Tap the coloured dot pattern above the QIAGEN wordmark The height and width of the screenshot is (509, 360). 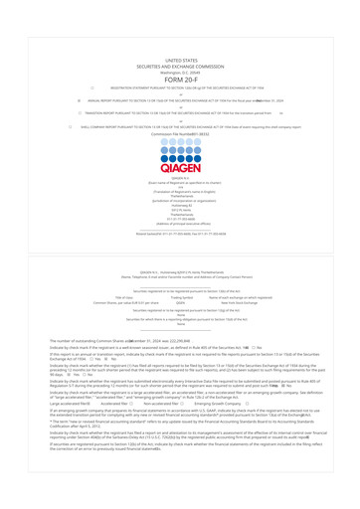(x=180, y=129)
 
